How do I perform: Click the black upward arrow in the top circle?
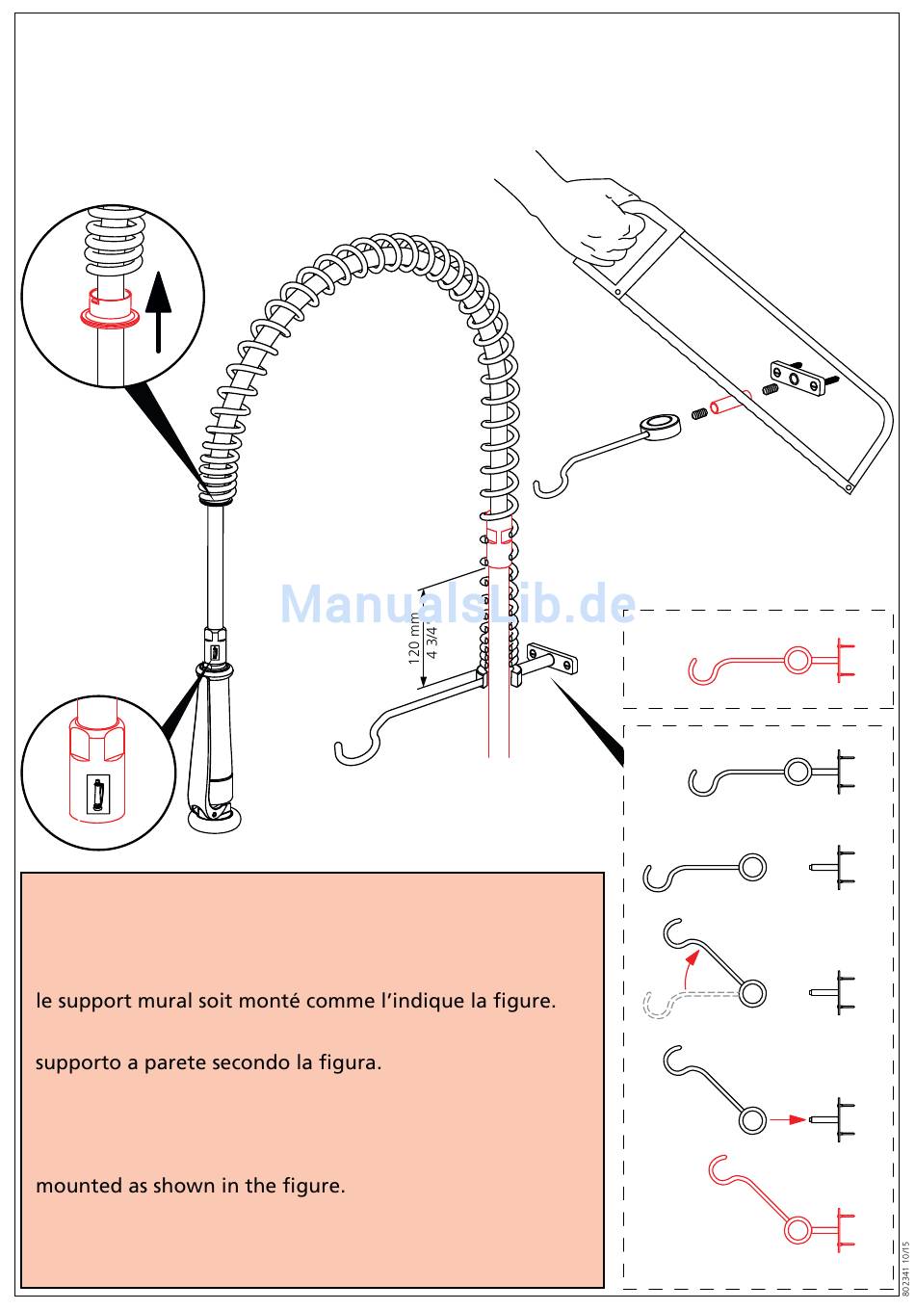[x=159, y=311]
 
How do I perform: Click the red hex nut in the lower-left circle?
[x=96, y=739]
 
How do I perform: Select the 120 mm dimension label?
[x=414, y=638]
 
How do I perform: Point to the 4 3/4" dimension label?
[x=432, y=642]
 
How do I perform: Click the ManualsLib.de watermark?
[x=457, y=604]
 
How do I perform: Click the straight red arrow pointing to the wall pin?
[x=788, y=1119]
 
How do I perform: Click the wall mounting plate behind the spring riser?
[x=552, y=657]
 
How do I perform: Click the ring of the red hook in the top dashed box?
[x=797, y=660]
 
